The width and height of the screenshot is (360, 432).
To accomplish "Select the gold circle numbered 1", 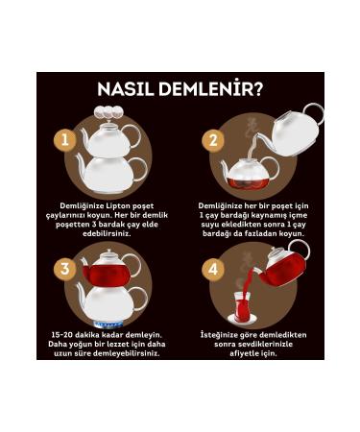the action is (65, 140).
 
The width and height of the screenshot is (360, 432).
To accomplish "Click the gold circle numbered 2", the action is (213, 140).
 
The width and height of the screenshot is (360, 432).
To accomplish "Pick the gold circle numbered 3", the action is (65, 269).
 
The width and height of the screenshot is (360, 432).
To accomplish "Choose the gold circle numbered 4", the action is (213, 270).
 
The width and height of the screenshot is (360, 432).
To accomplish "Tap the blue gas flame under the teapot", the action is (108, 325).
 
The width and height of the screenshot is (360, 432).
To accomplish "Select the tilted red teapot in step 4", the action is (281, 267).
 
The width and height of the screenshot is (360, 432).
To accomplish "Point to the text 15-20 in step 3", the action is (62, 335).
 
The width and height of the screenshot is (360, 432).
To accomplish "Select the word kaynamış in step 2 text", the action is (271, 215).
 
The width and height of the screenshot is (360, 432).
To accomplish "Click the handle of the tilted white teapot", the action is (313, 114).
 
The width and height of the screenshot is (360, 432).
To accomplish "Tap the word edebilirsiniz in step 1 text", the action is (107, 233).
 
